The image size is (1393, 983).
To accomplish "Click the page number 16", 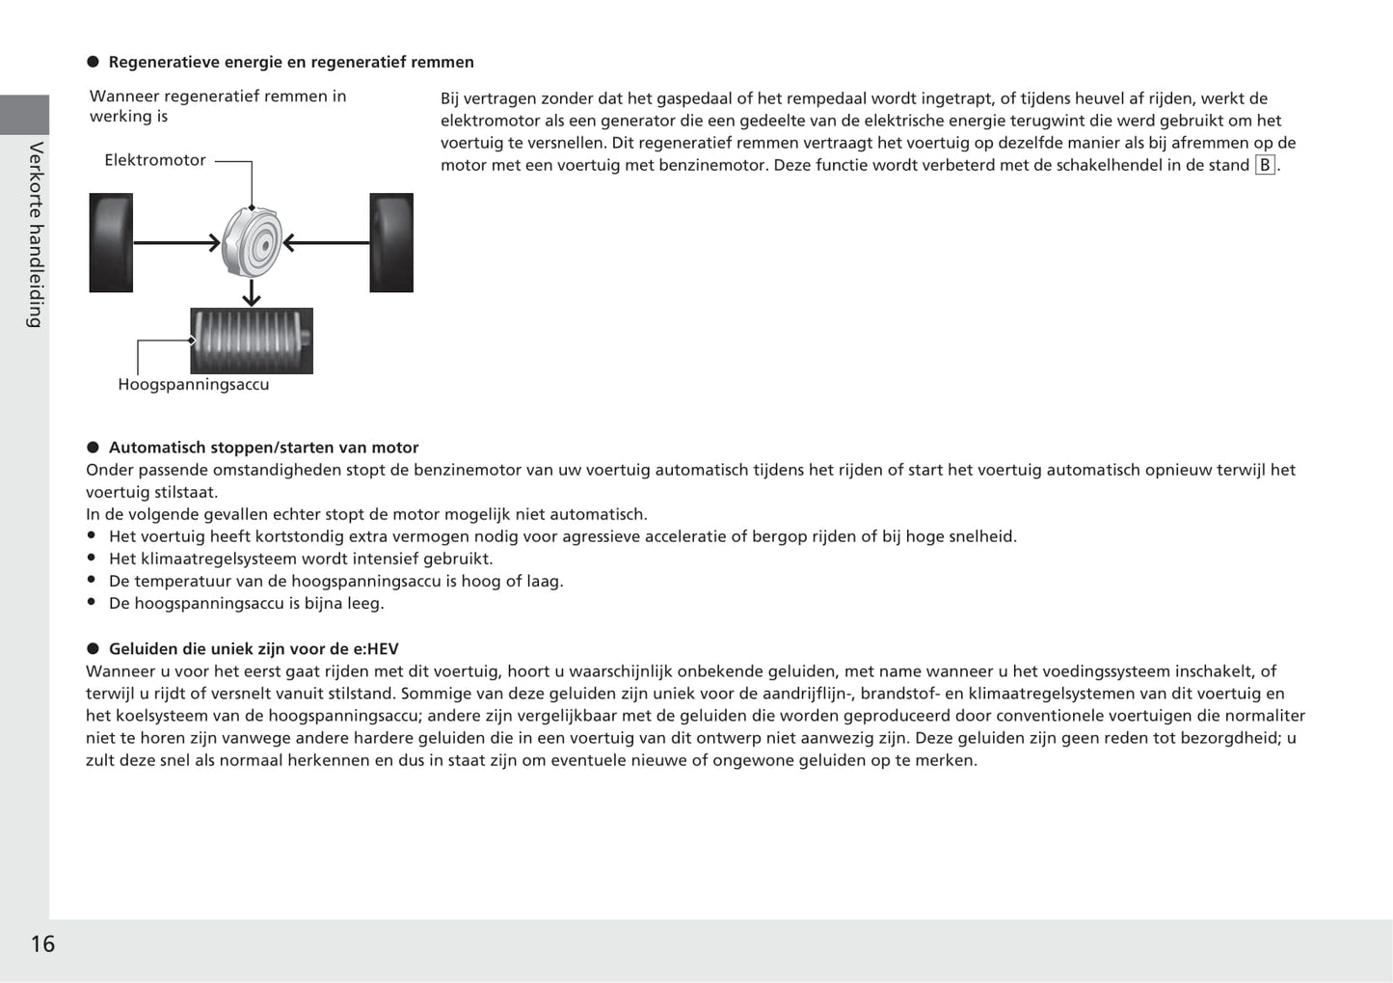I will (42, 943).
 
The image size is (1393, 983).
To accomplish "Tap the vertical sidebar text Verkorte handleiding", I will (36, 234).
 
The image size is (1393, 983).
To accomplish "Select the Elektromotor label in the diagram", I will (154, 160).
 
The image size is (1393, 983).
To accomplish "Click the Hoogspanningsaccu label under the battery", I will (193, 384).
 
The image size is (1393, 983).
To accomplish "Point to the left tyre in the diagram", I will (111, 242).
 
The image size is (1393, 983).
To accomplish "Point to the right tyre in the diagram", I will (391, 242).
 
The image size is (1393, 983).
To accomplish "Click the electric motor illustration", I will (252, 242).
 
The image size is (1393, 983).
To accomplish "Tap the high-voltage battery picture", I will (252, 341).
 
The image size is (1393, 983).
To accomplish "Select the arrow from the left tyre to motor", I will (176, 243).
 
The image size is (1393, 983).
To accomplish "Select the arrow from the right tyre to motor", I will (326, 243).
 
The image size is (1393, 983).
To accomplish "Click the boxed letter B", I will (1265, 165).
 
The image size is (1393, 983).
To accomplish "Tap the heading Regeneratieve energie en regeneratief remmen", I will (291, 62).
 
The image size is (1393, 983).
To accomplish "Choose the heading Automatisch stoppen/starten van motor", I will (263, 448).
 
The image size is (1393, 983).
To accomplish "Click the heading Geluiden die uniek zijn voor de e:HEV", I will (254, 649).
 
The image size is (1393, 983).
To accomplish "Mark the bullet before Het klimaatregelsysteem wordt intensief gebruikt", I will (92, 558).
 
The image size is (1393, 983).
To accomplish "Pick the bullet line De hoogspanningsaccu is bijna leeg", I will (246, 603).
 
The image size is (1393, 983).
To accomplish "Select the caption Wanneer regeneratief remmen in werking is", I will (217, 106).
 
